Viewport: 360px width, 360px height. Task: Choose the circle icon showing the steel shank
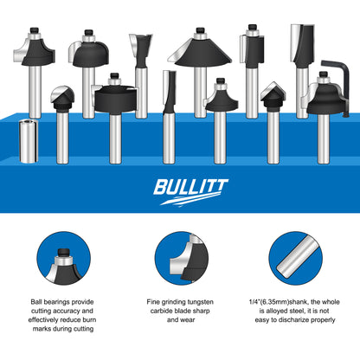pos(294,262)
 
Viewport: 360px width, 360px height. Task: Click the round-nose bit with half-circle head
pos(61,98)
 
